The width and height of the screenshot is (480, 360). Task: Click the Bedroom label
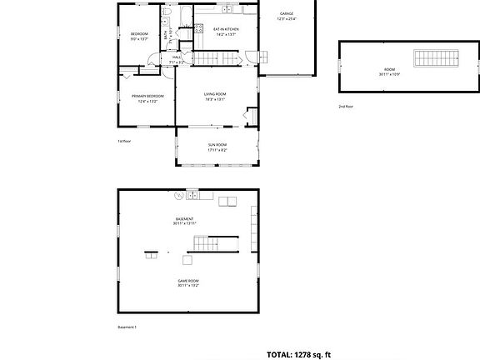tap(139, 33)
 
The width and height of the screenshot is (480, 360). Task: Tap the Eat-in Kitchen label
tap(227, 29)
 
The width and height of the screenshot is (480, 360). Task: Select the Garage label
tap(287, 13)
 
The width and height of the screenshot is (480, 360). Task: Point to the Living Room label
tap(215, 94)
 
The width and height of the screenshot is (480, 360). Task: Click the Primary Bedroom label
tap(147, 97)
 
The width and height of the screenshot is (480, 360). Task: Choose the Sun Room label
tap(217, 145)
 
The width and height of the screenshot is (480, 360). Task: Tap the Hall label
tap(177, 57)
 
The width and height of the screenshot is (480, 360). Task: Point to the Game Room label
tap(187, 281)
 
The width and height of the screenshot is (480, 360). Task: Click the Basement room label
tap(184, 219)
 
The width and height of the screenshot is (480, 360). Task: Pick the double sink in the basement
tap(192, 196)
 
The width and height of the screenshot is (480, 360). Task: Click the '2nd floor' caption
tap(346, 107)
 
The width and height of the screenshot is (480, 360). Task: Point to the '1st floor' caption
tap(124, 142)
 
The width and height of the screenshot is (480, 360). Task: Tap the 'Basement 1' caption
tap(127, 327)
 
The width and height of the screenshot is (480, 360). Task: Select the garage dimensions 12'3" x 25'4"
tap(287, 18)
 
